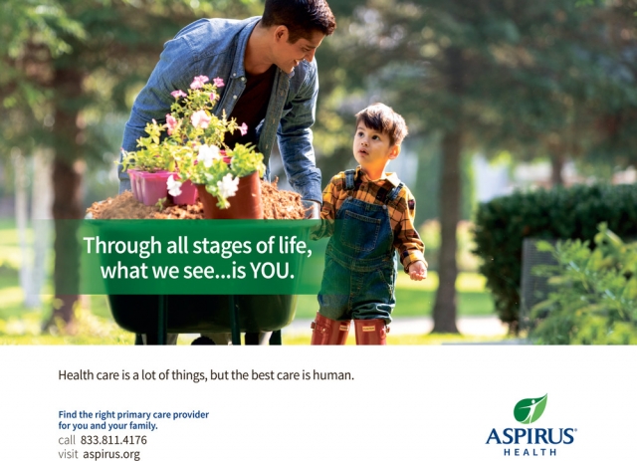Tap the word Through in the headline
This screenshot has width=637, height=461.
[x=117, y=244]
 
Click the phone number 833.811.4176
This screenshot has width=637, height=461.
[x=113, y=439]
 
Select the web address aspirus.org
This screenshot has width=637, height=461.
[x=111, y=454]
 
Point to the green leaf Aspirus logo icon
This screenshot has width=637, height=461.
[x=531, y=408]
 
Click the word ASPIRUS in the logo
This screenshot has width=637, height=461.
[x=531, y=435]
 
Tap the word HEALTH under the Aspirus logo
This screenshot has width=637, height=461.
[x=531, y=451]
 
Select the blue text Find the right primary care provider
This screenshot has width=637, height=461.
[x=133, y=414]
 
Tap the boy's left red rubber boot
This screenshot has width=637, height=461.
[x=325, y=330]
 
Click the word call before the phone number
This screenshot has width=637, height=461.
[x=67, y=439]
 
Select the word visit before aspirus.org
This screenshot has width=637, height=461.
[x=68, y=454]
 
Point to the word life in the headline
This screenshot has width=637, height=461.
[x=293, y=244]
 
